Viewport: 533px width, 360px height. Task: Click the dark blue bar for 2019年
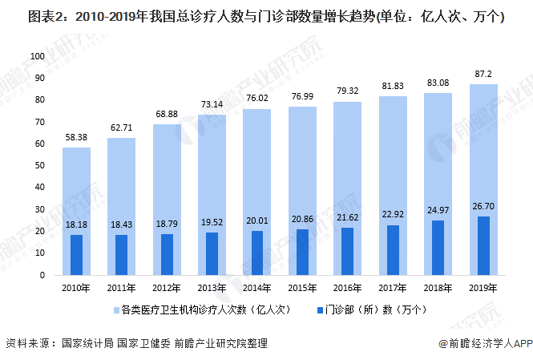coord(483,245)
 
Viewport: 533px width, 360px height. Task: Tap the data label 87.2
coord(483,74)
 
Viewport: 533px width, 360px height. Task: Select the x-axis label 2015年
coord(303,288)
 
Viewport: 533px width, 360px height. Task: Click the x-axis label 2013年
coord(212,288)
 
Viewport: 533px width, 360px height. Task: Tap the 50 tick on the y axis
coord(38,166)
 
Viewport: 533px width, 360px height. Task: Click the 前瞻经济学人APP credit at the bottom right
coord(485,343)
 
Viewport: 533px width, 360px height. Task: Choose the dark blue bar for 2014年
coord(257,253)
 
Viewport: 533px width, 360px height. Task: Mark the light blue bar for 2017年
coord(393,160)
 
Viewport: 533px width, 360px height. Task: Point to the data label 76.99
coord(303,96)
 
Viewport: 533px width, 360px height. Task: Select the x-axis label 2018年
coord(438,288)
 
